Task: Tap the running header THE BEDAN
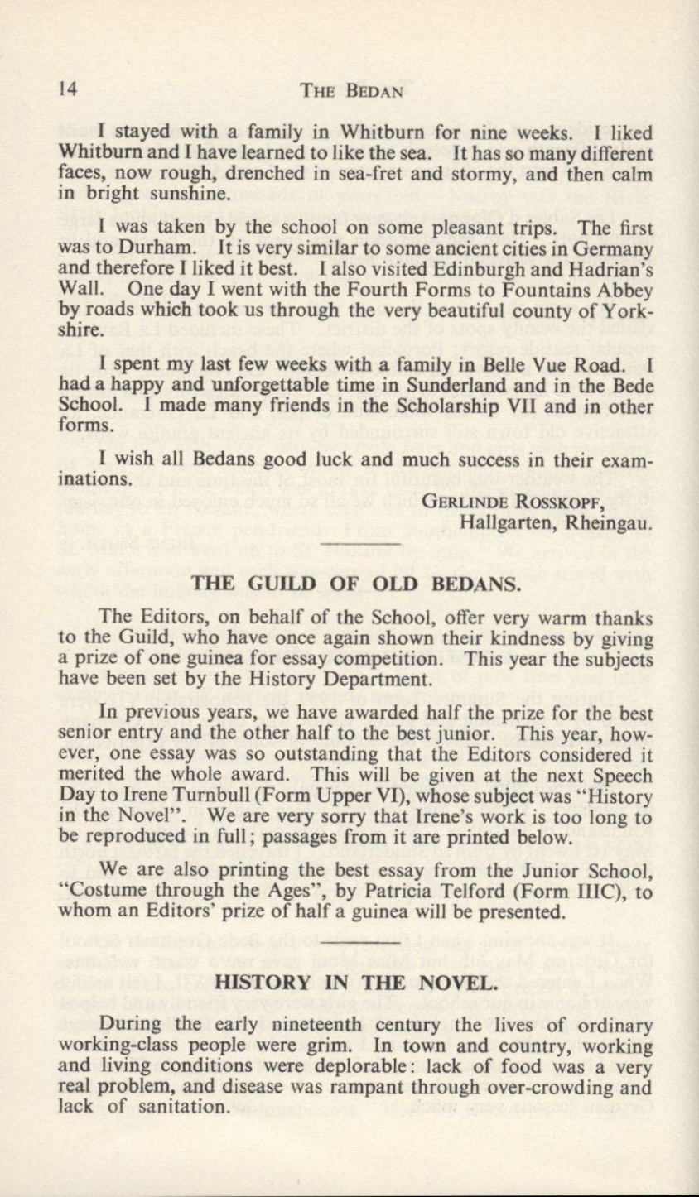[340, 91]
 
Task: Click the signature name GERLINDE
[463, 501]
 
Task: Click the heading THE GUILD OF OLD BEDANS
[355, 584]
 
